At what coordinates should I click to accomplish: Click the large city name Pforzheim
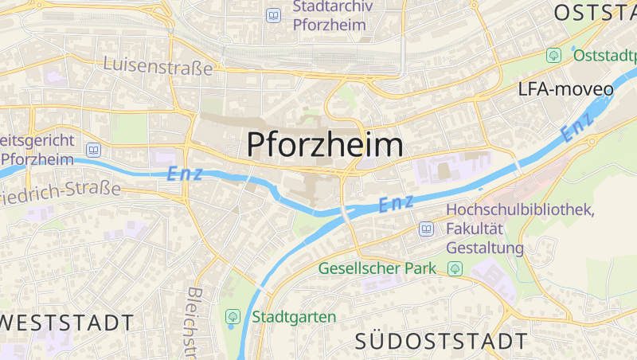324,145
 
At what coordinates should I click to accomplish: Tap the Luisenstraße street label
158,66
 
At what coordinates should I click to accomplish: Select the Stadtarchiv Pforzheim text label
330,16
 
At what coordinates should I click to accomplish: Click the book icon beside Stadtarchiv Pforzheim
274,15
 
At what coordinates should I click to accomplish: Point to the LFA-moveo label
565,88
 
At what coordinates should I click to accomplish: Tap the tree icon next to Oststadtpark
553,55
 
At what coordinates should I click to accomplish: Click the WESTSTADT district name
67,323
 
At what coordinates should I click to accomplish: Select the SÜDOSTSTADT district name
441,342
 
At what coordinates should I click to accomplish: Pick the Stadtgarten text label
294,316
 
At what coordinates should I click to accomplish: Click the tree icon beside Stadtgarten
233,316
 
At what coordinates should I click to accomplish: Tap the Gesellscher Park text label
377,268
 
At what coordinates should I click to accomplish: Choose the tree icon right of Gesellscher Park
455,268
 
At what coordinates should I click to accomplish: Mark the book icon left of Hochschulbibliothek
427,229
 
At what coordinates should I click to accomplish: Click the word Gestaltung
485,248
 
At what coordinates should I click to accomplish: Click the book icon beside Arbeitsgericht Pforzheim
94,150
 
